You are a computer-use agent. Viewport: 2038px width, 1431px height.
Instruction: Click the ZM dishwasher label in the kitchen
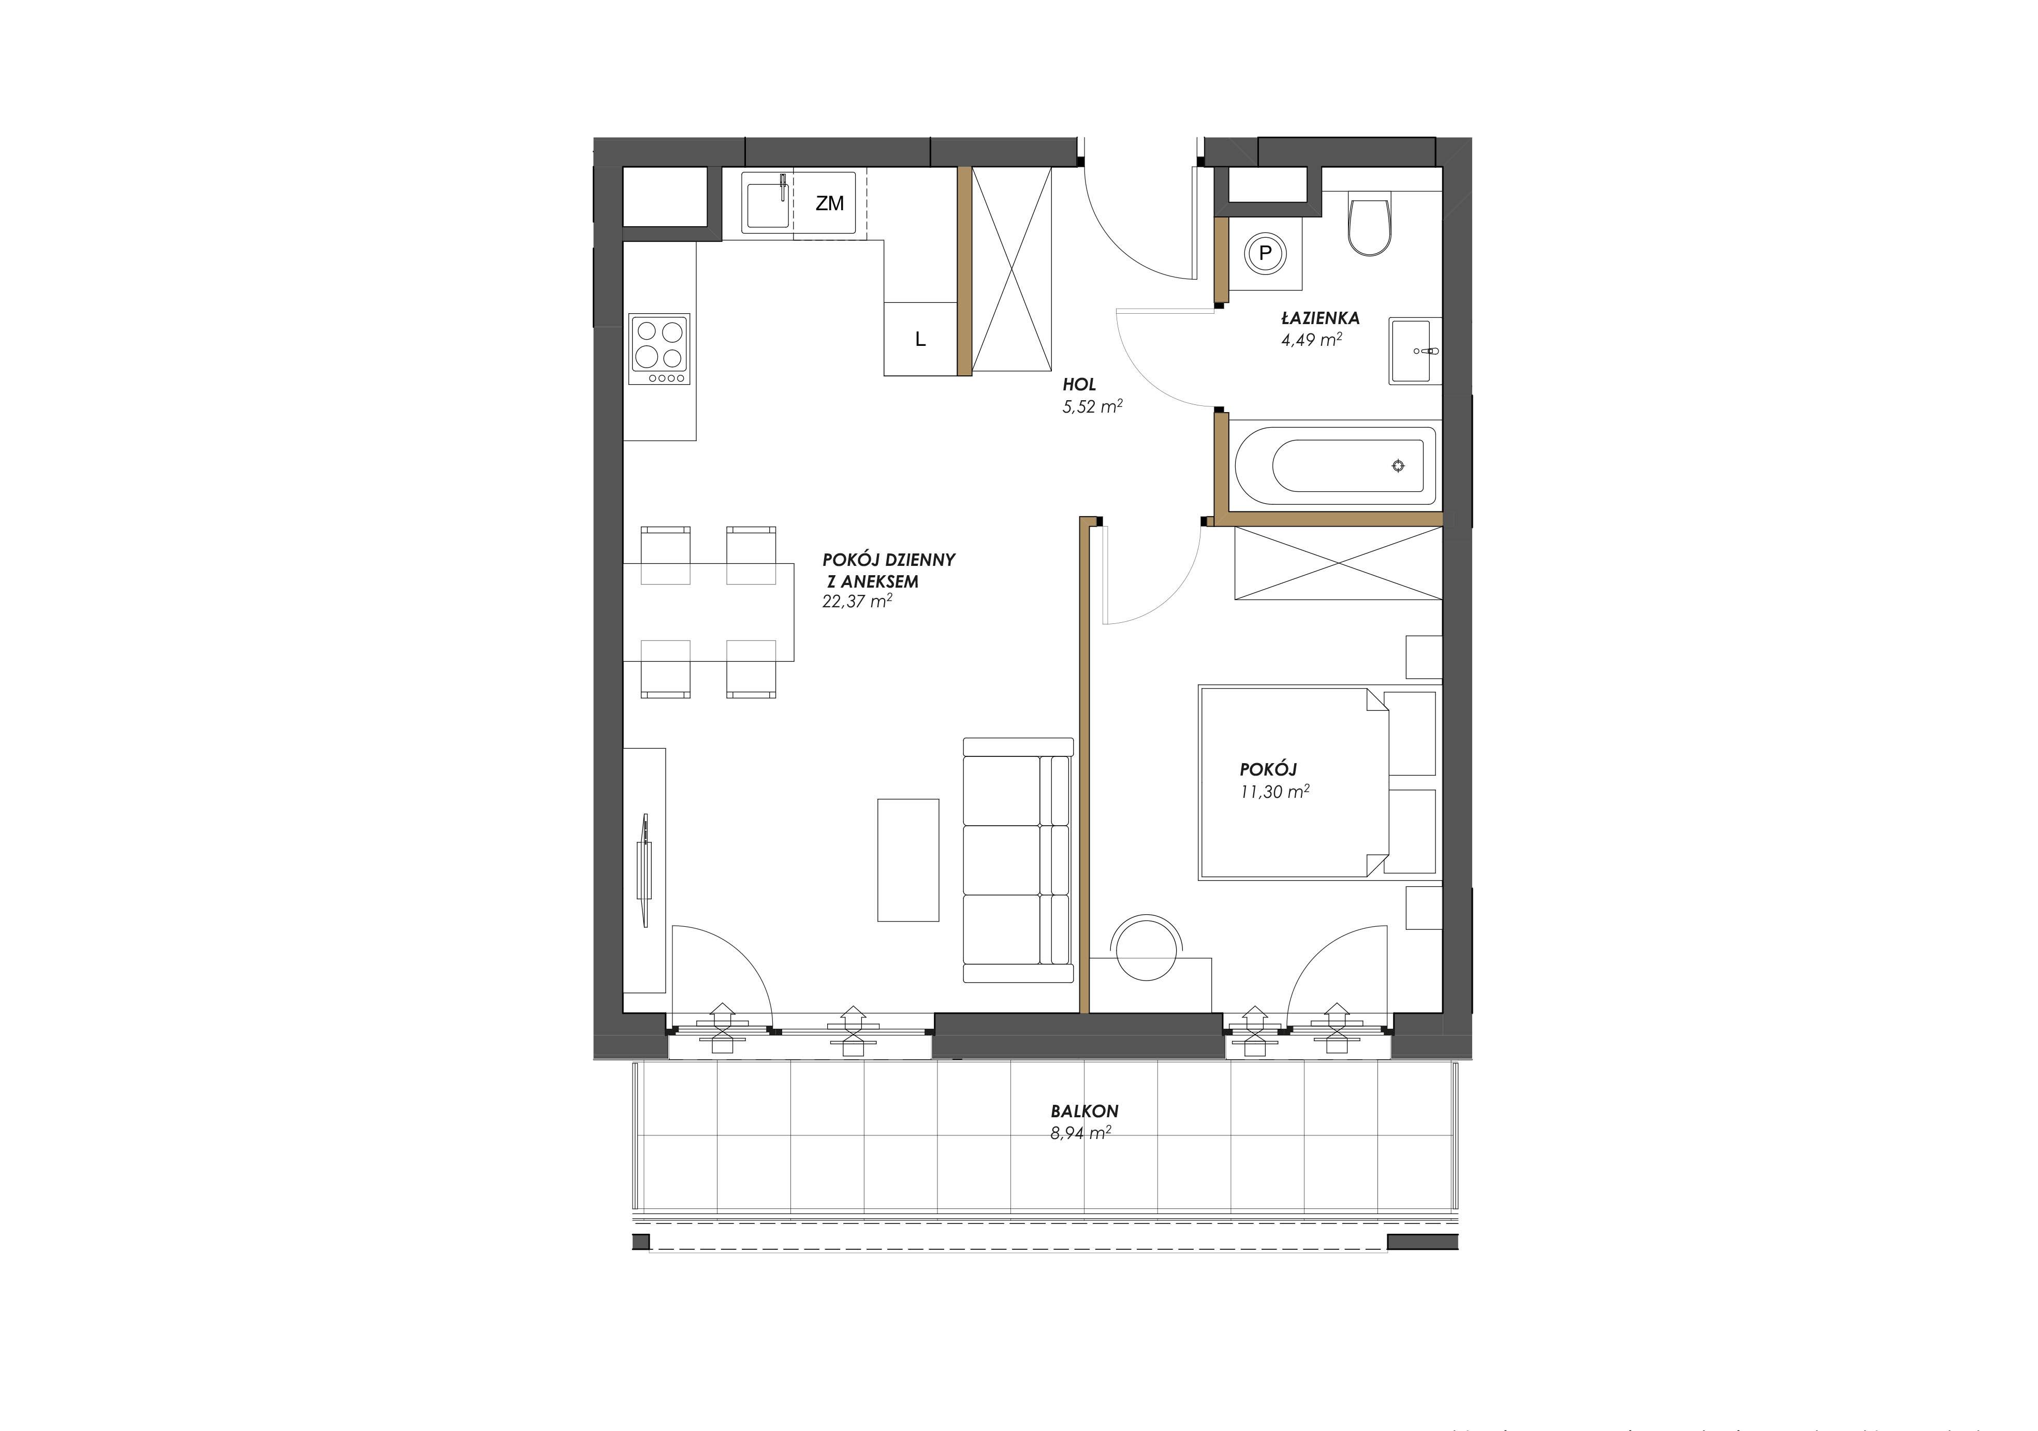(x=829, y=204)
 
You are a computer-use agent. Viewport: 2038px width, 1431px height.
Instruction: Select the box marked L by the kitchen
(x=920, y=338)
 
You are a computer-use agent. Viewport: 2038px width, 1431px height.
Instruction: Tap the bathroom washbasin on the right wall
(x=1415, y=351)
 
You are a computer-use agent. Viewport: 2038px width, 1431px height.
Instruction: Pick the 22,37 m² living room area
(x=857, y=601)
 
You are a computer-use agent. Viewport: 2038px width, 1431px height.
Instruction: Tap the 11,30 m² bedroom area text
(x=1274, y=792)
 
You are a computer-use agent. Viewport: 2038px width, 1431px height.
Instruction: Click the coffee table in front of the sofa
(x=908, y=860)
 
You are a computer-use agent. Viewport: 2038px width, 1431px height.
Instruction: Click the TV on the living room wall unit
(x=643, y=870)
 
